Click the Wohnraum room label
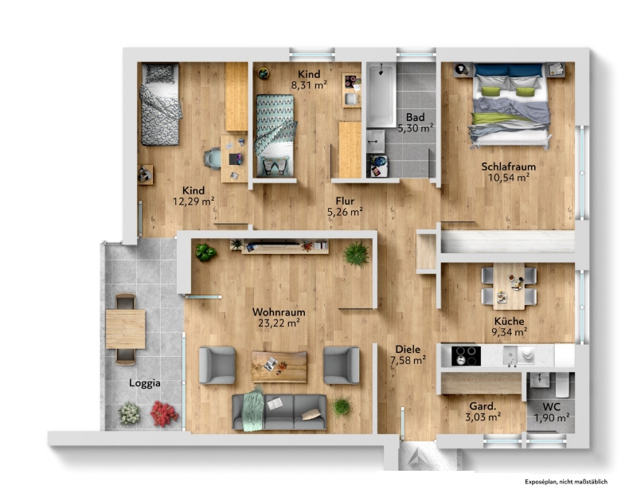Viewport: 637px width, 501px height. click(x=279, y=312)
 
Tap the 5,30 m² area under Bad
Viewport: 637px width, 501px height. click(x=415, y=128)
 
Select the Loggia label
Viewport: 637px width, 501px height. click(x=145, y=383)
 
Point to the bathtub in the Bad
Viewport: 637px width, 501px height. click(x=381, y=95)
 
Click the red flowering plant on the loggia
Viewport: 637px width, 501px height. click(x=164, y=413)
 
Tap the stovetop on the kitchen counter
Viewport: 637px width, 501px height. click(x=467, y=356)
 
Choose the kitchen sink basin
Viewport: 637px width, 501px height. click(x=510, y=355)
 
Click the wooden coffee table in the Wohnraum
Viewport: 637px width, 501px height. click(x=279, y=366)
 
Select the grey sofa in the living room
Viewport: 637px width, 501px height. click(x=279, y=412)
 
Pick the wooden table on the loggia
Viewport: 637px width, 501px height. click(x=126, y=329)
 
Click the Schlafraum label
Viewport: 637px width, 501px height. click(x=509, y=166)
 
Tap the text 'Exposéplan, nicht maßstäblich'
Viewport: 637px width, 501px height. click(x=566, y=482)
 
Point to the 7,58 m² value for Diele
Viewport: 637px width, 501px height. click(x=408, y=360)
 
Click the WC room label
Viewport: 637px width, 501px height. click(x=551, y=407)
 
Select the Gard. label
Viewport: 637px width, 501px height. click(x=483, y=406)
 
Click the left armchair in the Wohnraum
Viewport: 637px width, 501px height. click(x=217, y=366)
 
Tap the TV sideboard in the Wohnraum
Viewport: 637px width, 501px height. click(x=285, y=247)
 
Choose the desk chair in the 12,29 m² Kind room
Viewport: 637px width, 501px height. click(x=213, y=159)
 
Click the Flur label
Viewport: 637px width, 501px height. click(x=345, y=202)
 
